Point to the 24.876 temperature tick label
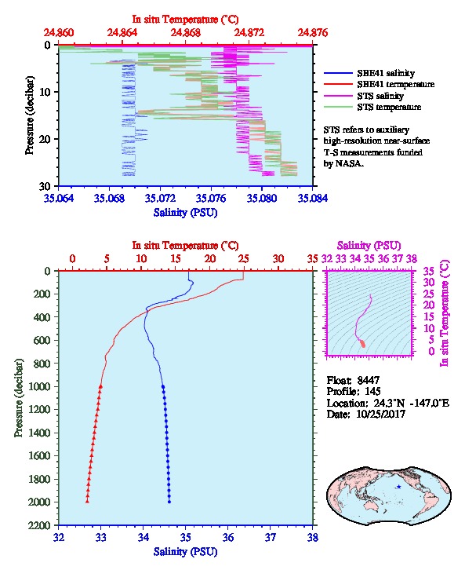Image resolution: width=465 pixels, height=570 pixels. point(313,33)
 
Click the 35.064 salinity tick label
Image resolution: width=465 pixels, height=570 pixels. point(59,198)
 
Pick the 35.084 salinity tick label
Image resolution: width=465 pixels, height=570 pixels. point(313,198)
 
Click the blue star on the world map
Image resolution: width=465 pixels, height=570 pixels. point(399,487)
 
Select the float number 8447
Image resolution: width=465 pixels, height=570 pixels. point(368,380)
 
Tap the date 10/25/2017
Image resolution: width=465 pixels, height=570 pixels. point(381,414)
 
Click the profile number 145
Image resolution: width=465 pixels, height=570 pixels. point(372,392)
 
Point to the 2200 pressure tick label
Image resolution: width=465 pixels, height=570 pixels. point(39,525)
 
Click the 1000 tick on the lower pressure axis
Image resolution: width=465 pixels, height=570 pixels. point(39,386)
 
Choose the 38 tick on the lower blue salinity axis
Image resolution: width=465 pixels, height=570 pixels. point(313,537)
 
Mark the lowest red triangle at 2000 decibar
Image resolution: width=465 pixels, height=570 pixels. point(87,501)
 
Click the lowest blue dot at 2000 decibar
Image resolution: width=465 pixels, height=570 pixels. point(169,502)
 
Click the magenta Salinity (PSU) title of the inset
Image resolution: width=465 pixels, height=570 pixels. point(369,246)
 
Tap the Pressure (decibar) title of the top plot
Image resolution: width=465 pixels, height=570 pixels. point(30,115)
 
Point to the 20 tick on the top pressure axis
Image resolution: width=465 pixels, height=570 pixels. point(45,139)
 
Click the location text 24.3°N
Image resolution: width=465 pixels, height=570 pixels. point(387,403)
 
